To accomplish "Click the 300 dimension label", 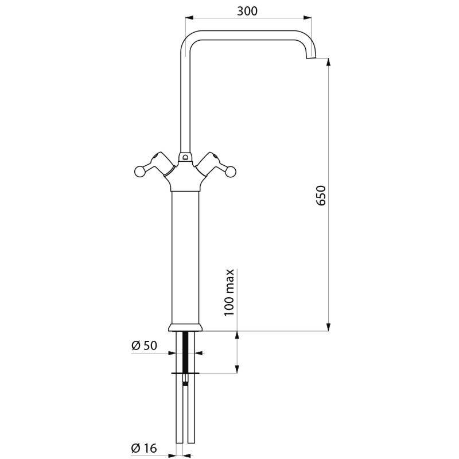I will tap(247, 11).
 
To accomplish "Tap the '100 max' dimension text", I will tap(229, 291).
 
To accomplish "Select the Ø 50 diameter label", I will tap(144, 345).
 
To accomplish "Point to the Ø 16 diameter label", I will tap(144, 448).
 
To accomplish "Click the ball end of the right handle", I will tap(232, 170).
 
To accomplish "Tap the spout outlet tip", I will tap(310, 57).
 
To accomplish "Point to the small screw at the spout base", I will tap(185, 155).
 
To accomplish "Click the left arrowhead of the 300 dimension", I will tap(188, 18).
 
